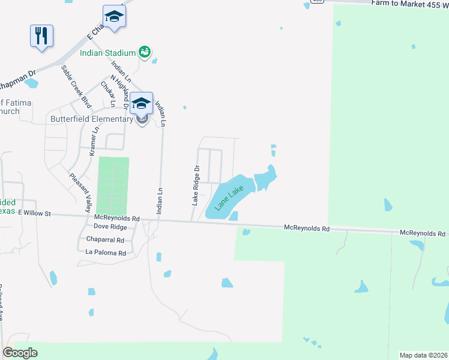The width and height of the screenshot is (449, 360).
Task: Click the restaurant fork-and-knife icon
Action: (x=41, y=36)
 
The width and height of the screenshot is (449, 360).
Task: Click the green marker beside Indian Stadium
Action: (x=144, y=52)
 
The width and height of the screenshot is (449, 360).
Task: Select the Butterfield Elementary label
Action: (x=91, y=119)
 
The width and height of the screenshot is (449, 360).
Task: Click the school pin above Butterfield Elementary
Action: (x=142, y=103)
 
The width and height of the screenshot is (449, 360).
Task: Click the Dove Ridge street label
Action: (x=110, y=227)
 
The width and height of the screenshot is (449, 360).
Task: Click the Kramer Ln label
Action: (x=94, y=142)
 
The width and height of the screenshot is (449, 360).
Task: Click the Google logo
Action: (x=20, y=353)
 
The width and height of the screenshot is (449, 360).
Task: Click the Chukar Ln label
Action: (x=108, y=94)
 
